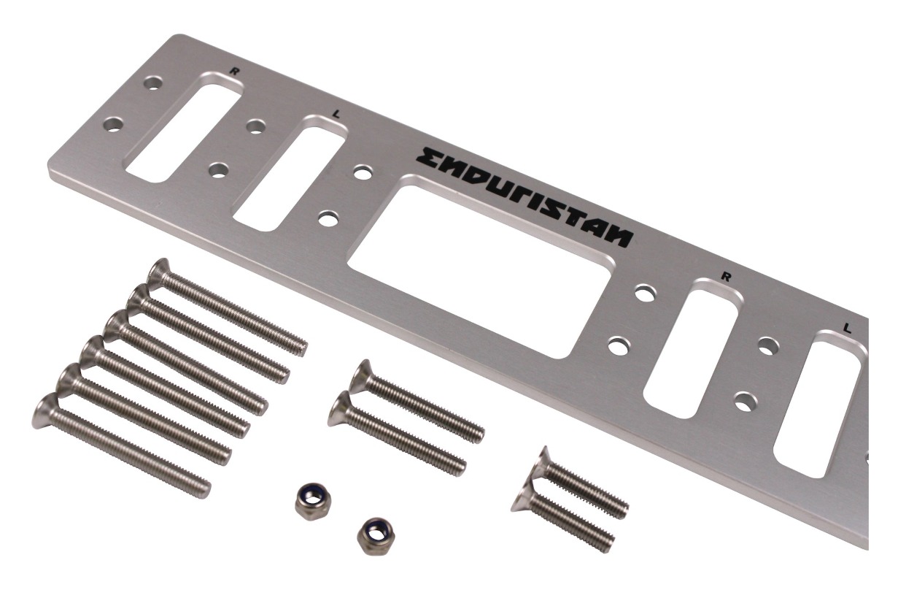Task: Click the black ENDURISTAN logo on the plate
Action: pyautogui.click(x=525, y=196)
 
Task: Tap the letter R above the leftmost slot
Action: pyautogui.click(x=233, y=72)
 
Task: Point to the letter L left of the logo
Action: pyautogui.click(x=336, y=114)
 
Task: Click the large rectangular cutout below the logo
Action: pyautogui.click(x=479, y=266)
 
